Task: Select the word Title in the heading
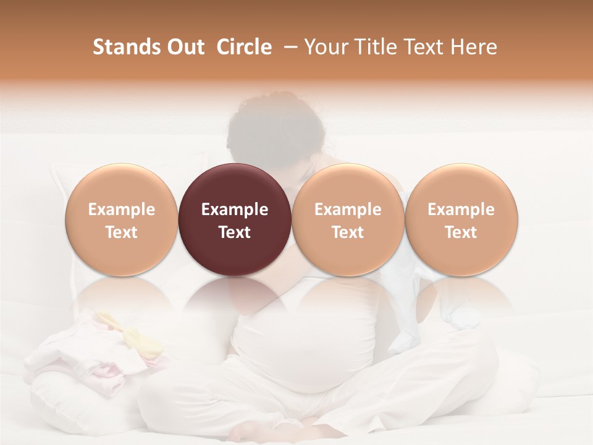pos(380,47)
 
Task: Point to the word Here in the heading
pos(473,47)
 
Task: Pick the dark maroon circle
pos(235,219)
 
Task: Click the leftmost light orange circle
pos(122,219)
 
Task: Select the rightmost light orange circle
pos(461,219)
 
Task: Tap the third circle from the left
pos(348,219)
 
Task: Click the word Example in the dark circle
pos(235,210)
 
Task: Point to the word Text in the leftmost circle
pos(122,232)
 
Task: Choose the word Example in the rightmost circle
pos(461,210)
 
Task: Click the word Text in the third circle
pos(348,232)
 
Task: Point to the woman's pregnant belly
pos(296,346)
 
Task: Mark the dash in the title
pos(290,47)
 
